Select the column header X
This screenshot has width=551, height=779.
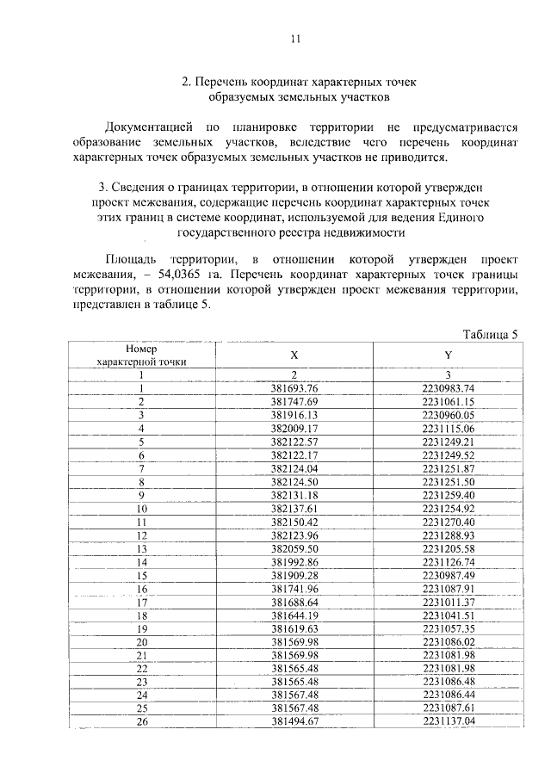294,355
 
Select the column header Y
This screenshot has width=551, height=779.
448,355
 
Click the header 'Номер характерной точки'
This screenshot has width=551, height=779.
141,355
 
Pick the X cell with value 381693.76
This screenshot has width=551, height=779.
294,388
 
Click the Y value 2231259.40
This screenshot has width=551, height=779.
449,495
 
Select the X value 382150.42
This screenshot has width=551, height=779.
294,522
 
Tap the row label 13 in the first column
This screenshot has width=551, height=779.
141,548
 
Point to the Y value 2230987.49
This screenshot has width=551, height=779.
449,575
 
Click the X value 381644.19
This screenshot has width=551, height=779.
294,615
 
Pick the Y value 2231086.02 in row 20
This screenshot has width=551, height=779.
449,642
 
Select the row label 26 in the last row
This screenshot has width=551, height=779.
141,722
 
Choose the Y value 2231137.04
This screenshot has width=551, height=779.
449,722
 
